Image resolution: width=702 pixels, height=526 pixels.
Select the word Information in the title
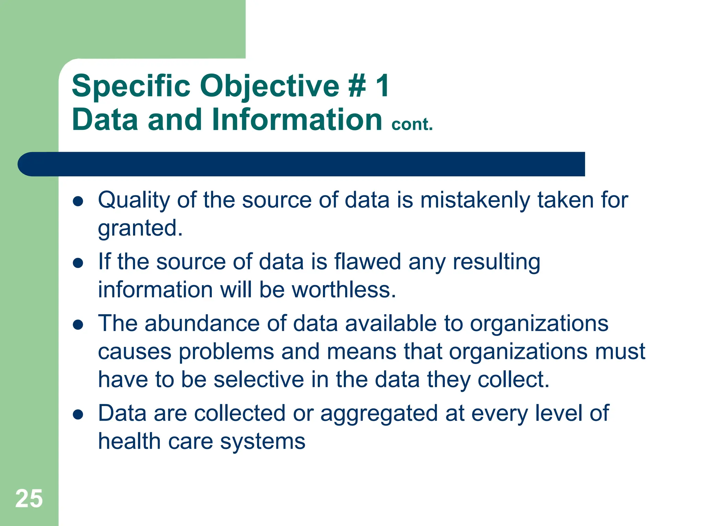(x=297, y=120)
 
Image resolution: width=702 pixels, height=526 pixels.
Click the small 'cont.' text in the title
(x=412, y=124)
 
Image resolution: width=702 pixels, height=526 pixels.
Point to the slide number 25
(x=29, y=499)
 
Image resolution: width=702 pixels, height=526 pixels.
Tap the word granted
(x=140, y=229)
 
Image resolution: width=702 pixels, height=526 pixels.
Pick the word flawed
(x=367, y=262)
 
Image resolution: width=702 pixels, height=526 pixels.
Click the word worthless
(x=344, y=290)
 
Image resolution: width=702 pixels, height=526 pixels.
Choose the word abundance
(x=202, y=323)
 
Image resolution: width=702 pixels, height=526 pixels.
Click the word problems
(x=226, y=352)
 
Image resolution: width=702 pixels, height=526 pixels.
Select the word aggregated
(x=379, y=413)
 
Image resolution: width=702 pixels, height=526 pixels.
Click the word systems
(x=263, y=442)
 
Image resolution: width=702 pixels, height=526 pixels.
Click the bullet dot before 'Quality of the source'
(x=78, y=201)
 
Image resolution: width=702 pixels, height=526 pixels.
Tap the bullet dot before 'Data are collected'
(x=78, y=414)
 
